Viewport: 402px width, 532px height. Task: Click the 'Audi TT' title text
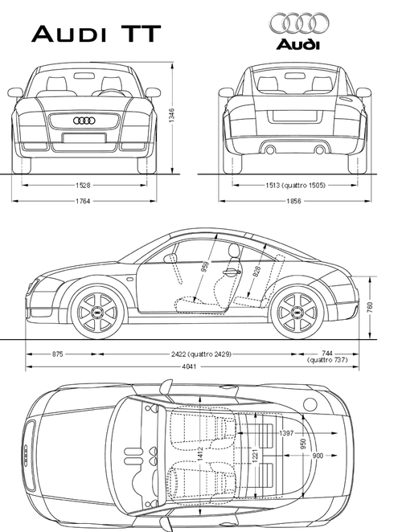point(96,34)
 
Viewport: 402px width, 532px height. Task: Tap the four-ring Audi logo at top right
point(299,23)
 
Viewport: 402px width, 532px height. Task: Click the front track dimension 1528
point(82,185)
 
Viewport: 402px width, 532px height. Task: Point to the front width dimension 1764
point(82,200)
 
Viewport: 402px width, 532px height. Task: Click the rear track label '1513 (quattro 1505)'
point(294,185)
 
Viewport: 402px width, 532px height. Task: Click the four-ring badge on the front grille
point(82,121)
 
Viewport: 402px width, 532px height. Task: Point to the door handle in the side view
point(230,272)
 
